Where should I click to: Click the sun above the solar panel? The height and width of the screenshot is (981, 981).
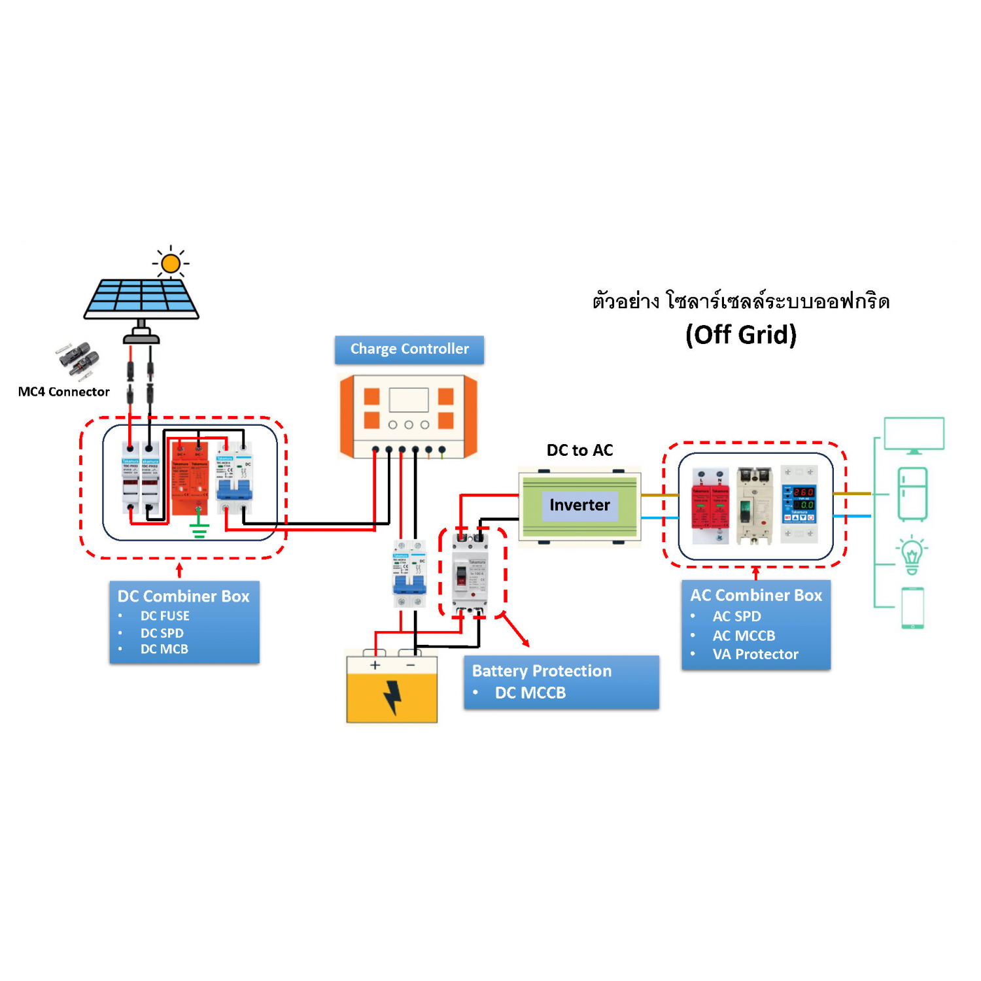[x=171, y=264]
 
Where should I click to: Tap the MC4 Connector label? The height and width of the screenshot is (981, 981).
[x=63, y=392]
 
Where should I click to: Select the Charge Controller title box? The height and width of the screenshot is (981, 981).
[x=409, y=349]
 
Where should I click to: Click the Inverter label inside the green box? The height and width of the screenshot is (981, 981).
[x=579, y=505]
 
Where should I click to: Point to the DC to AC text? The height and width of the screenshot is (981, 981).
[x=579, y=450]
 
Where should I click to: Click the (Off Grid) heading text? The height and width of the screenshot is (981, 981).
[x=741, y=335]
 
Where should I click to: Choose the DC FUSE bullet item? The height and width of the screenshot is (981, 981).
[x=165, y=616]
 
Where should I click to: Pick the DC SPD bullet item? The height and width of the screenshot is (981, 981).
[x=162, y=633]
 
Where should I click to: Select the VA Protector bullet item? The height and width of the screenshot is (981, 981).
[x=755, y=654]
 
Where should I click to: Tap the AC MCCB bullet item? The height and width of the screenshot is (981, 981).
[x=744, y=636]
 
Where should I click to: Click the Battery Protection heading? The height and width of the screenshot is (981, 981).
[x=542, y=671]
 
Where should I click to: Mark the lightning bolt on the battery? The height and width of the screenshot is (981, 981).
[x=392, y=697]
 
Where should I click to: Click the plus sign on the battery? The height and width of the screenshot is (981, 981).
[x=375, y=665]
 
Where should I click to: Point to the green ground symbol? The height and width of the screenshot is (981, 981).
[x=199, y=530]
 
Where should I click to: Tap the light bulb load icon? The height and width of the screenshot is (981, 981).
[x=912, y=555]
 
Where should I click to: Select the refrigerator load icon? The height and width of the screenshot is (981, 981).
[x=912, y=494]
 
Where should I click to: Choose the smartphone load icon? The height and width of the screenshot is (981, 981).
[x=912, y=608]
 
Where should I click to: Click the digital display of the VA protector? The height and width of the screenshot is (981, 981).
[x=804, y=498]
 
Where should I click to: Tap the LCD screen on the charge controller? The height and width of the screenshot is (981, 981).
[x=409, y=400]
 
